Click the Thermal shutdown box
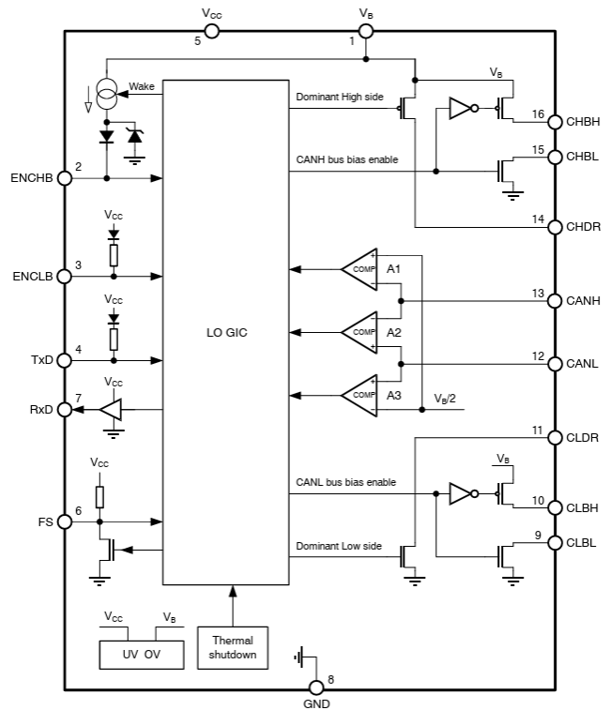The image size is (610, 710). tap(232, 647)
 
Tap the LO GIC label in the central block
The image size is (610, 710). tap(225, 333)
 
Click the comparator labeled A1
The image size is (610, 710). tap(360, 269)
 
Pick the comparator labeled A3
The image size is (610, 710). tap(360, 394)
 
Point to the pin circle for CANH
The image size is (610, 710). tap(553, 301)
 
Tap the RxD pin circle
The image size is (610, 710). tap(65, 410)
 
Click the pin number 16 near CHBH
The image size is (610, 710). tap(538, 114)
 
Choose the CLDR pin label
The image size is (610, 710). tap(583, 437)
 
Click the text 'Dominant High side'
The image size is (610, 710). tap(340, 97)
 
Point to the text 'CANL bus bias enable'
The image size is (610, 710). tap(345, 482)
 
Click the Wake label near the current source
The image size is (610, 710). tap(141, 86)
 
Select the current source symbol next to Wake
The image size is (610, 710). tap(107, 97)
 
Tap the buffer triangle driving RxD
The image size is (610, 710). tap(110, 410)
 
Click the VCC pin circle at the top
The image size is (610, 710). tap(212, 31)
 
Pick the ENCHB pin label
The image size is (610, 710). tap(32, 178)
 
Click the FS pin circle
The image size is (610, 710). tap(65, 521)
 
